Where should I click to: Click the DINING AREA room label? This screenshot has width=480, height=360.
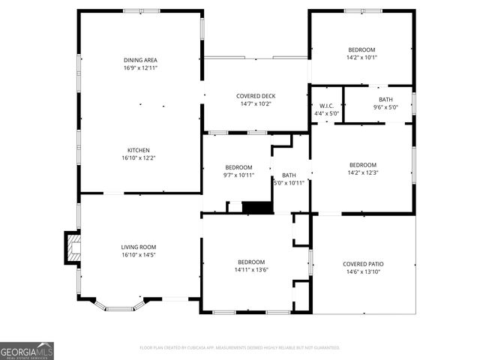tap(140, 60)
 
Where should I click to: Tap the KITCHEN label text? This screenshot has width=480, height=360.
tap(139, 150)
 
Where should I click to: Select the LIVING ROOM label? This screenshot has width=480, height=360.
tap(139, 247)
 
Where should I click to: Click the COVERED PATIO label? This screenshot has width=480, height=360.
tap(364, 264)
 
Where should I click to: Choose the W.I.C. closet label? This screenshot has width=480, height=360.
tap(326, 106)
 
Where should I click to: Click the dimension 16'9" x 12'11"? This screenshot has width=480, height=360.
tap(140, 67)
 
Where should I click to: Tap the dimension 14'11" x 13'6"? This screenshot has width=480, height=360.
tap(251, 270)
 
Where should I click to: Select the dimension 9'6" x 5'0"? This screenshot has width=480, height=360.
tap(385, 107)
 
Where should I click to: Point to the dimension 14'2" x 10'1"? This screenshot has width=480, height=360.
tap(361, 57)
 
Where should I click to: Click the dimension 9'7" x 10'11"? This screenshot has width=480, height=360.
tap(239, 175)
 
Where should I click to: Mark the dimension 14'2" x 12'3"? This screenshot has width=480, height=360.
tap(362, 172)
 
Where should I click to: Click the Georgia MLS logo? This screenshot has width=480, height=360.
tap(27, 350)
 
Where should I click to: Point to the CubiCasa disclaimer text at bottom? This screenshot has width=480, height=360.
tap(240, 348)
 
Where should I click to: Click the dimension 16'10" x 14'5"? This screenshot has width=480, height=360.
tap(139, 254)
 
